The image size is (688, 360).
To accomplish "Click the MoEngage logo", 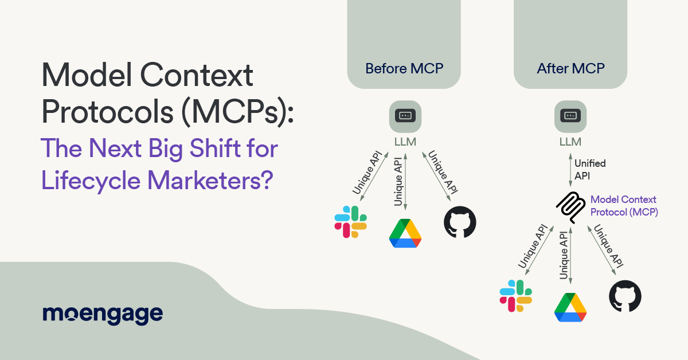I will [x=103, y=315].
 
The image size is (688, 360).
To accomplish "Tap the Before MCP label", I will [x=404, y=69].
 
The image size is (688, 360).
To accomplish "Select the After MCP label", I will [x=570, y=69].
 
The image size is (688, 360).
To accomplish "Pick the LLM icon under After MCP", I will [x=570, y=116].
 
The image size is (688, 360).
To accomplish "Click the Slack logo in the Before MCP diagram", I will [x=351, y=222].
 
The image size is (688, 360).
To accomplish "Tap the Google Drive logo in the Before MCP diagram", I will [x=405, y=233].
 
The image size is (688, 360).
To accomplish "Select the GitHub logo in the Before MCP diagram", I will [x=460, y=223].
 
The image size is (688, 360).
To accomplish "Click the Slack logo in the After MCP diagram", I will [x=516, y=296].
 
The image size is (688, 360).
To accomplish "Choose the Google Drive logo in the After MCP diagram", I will [x=570, y=307].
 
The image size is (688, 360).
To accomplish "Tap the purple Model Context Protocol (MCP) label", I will [x=624, y=205].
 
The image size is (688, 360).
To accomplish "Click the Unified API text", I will [x=589, y=170].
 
